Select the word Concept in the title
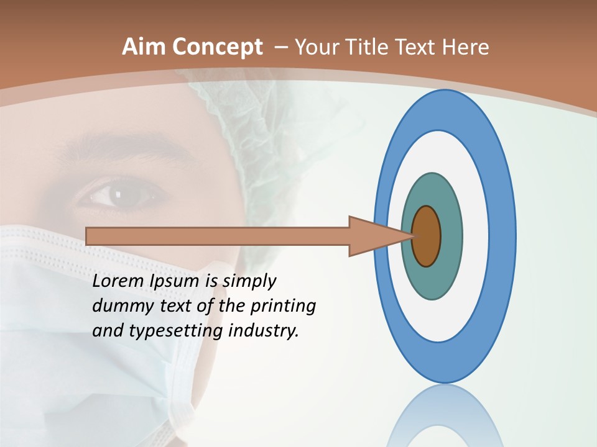tap(216, 48)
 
